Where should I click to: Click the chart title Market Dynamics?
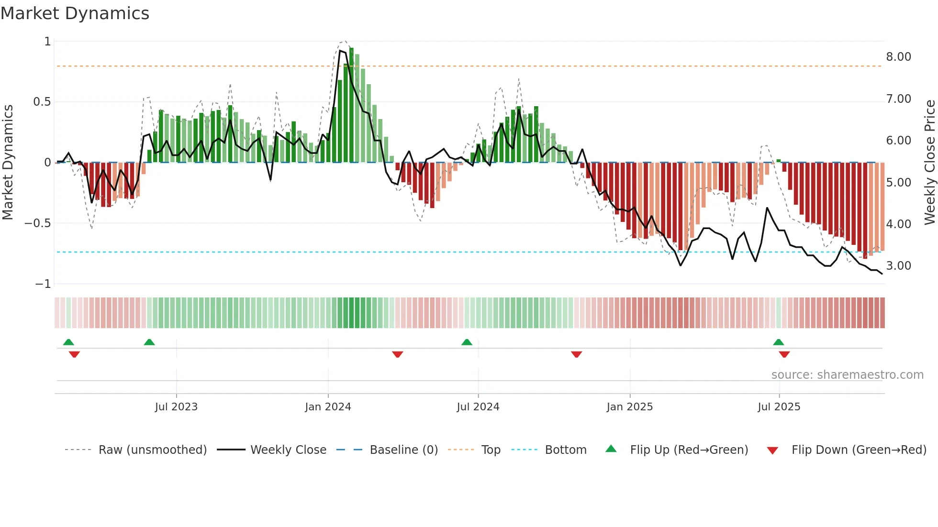pos(75,13)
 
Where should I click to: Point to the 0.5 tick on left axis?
pos(42,102)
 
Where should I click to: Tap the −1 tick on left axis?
pos(43,284)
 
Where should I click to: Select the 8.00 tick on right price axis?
pos(898,57)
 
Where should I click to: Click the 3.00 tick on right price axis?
pos(898,266)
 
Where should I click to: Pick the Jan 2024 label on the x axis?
pos(328,407)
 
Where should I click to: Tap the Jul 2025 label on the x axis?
pos(779,407)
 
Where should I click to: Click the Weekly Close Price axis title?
pos(929,163)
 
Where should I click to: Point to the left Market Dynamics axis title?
pos(8,163)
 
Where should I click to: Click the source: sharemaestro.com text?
pos(847,375)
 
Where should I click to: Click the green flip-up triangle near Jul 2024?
pos(467,342)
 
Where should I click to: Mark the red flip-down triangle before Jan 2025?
pos(576,354)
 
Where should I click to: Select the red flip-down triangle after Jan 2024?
pos(397,354)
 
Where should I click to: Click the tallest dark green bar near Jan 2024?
pos(352,105)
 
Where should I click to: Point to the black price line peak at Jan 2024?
pos(340,50)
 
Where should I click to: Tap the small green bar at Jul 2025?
pos(779,161)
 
